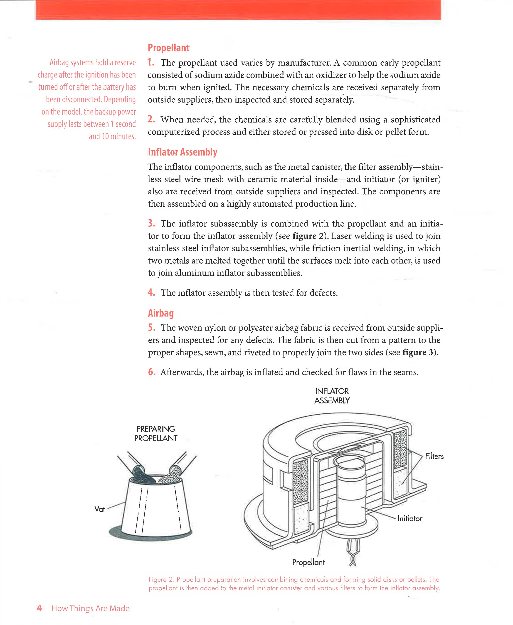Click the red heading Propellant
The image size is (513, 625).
coord(168,48)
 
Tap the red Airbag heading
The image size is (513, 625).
coord(161,313)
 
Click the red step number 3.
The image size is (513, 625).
coord(151,223)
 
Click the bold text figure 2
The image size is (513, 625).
coord(308,236)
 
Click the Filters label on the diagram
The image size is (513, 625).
coord(434,456)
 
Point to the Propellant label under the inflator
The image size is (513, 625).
coord(308,562)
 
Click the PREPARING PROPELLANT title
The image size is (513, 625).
coord(156,434)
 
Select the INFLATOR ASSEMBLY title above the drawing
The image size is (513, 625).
coord(332,396)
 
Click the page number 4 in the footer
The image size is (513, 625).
coord(39,608)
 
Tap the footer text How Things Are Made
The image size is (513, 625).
coord(90,608)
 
